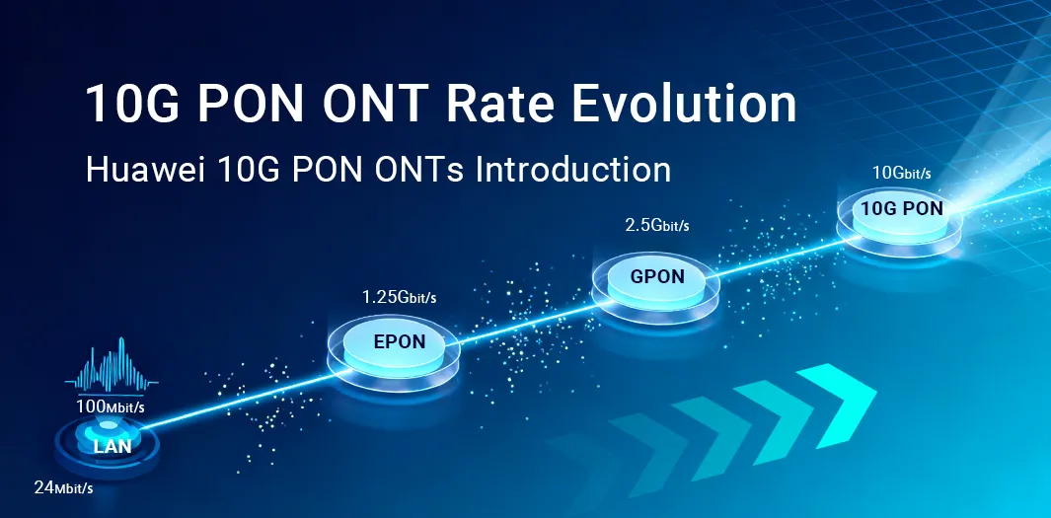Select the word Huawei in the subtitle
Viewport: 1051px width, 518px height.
tap(141, 169)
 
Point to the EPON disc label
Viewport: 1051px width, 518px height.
tap(400, 342)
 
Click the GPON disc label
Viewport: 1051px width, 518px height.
tap(657, 276)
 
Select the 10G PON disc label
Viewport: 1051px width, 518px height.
tap(901, 208)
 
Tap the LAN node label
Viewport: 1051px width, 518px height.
tap(113, 447)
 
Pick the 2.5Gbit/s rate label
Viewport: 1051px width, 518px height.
tap(657, 226)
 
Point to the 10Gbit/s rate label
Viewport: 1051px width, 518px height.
tap(902, 174)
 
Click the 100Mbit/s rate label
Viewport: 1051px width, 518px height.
tap(111, 407)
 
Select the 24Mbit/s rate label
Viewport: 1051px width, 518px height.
tap(63, 487)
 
